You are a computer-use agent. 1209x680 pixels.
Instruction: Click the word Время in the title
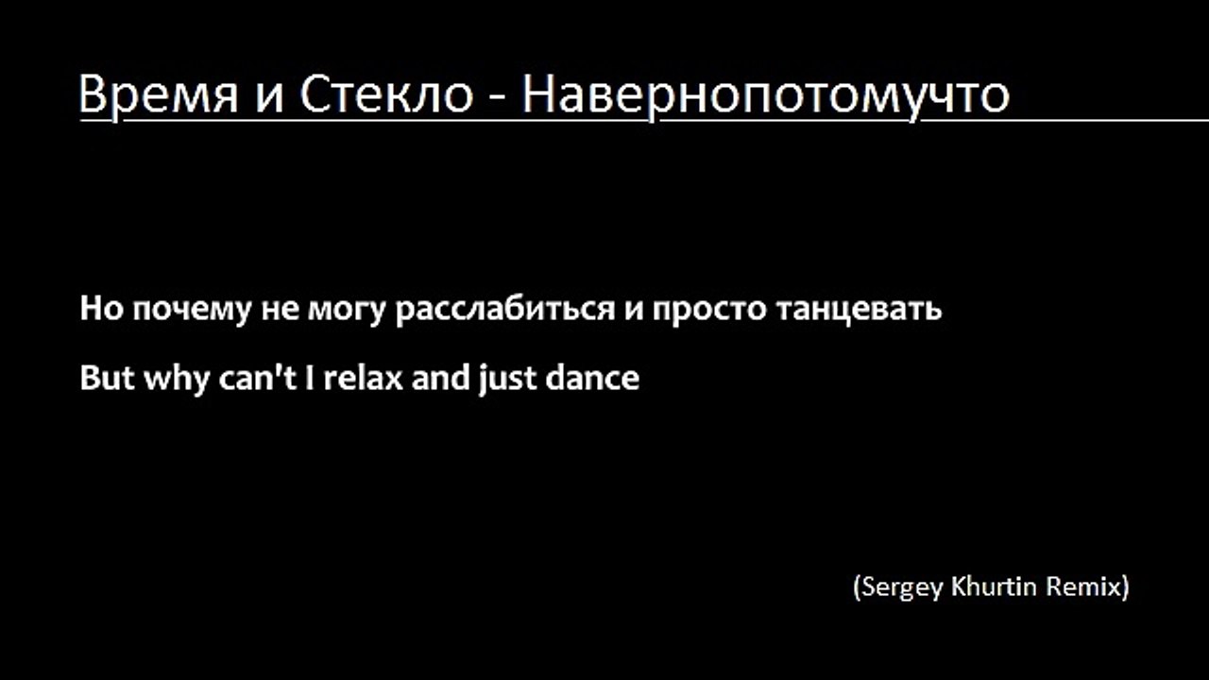click(158, 94)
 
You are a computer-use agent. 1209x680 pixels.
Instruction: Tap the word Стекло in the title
click(387, 94)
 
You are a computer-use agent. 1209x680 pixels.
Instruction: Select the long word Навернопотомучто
click(766, 94)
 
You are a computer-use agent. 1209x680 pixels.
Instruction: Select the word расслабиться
click(505, 310)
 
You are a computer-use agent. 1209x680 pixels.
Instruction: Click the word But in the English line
click(107, 379)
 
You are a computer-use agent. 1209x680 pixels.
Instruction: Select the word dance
click(592, 379)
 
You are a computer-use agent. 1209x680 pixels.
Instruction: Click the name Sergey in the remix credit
click(896, 587)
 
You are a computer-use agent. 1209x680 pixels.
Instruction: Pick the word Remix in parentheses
click(1086, 586)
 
